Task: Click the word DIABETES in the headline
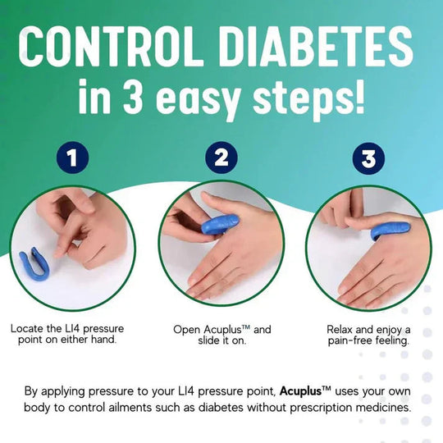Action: [x=316, y=49]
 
